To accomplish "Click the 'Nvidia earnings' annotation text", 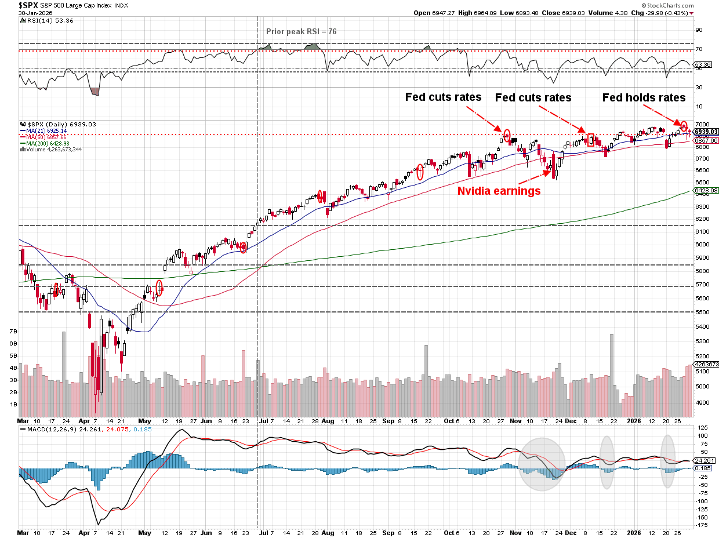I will (499, 191).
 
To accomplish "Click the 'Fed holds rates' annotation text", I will (644, 98).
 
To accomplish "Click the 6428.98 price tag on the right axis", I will (707, 190).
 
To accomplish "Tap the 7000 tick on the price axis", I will (703, 125).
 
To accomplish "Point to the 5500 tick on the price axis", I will (703, 312).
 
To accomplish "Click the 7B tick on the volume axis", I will (13, 331).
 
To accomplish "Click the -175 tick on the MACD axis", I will (703, 525).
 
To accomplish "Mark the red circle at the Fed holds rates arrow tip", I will (684, 125).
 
